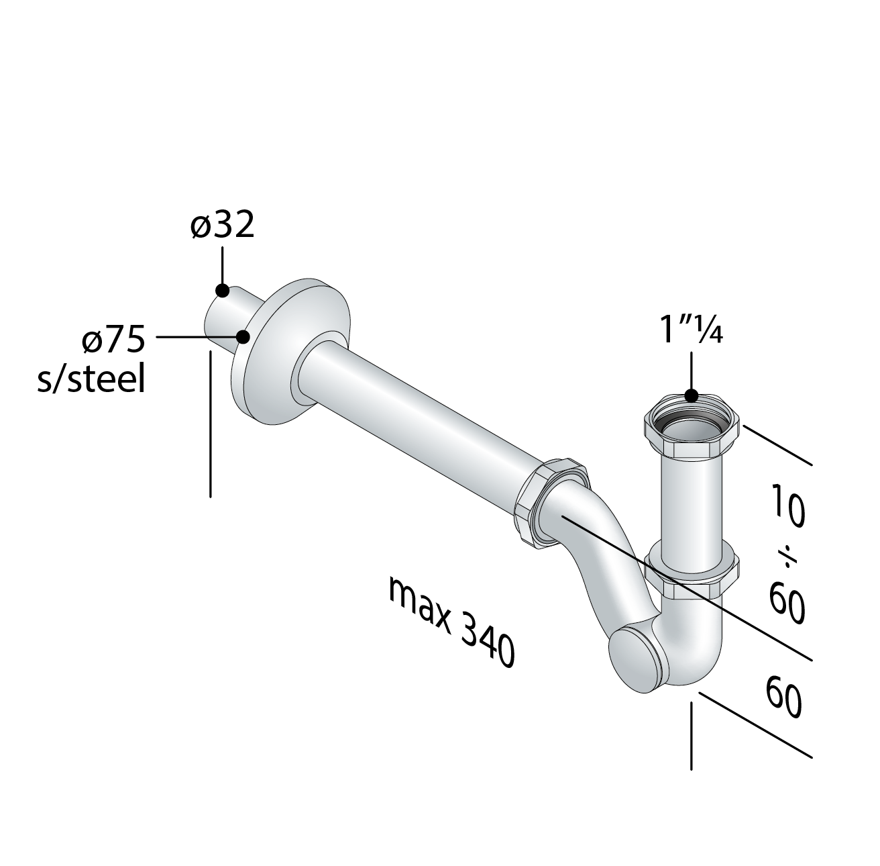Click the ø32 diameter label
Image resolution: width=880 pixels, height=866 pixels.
pos(222,226)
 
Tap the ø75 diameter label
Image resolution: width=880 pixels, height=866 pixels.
pos(113,341)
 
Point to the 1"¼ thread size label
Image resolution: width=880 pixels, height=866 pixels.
pos(691,331)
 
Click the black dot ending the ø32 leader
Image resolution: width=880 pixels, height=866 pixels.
pos(222,291)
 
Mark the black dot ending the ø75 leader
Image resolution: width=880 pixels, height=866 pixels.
pos(243,336)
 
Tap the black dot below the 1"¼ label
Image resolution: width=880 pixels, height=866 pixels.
pos(692,395)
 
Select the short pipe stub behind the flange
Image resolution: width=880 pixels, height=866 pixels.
pos(228,316)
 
